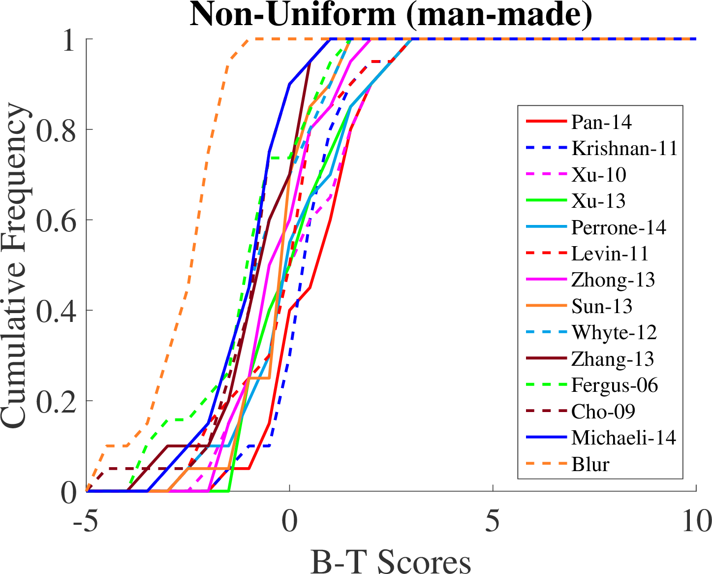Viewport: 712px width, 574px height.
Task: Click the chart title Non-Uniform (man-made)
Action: click(x=391, y=15)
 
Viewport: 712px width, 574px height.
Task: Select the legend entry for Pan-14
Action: click(x=601, y=122)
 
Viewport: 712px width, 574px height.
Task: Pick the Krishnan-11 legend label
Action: click(x=624, y=148)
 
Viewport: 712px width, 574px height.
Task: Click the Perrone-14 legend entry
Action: click(x=619, y=227)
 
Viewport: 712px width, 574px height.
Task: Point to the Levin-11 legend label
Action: click(x=610, y=254)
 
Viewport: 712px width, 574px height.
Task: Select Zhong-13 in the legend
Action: click(x=613, y=280)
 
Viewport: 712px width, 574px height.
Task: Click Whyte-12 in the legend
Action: click(x=614, y=333)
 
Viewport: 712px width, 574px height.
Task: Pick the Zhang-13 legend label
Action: click(x=613, y=359)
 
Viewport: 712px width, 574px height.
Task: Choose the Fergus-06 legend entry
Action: click(x=615, y=385)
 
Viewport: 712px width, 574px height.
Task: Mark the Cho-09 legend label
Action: click(x=603, y=411)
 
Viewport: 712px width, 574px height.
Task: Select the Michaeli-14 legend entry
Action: click(x=623, y=437)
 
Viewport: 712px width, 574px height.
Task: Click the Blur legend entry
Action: click(x=590, y=464)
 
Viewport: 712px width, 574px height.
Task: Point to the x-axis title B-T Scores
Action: click(x=391, y=560)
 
